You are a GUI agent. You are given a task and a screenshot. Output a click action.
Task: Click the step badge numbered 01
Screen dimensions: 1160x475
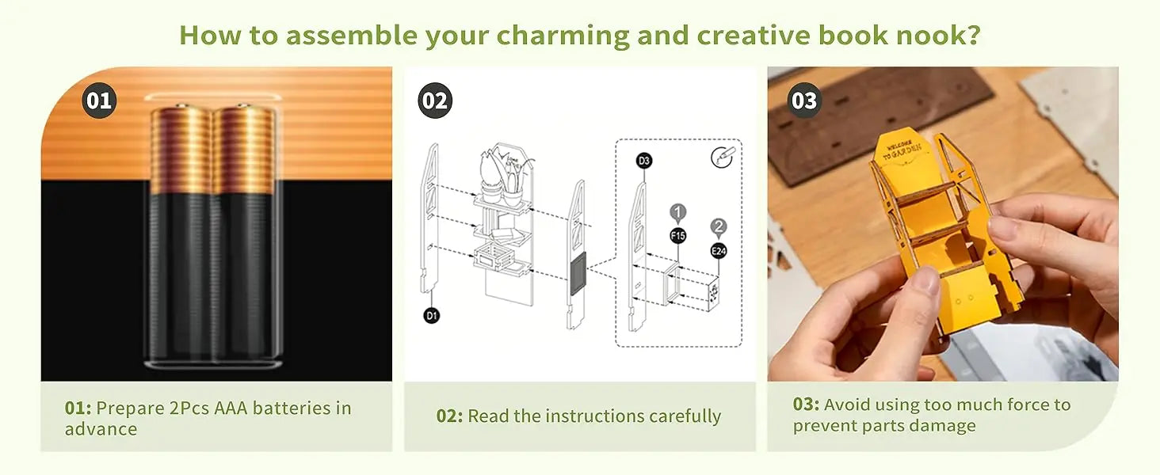coord(99,101)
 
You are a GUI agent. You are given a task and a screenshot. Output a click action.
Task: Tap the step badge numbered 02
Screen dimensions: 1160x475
coord(435,101)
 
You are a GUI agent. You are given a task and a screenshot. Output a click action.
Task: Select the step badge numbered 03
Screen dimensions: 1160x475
coord(803,101)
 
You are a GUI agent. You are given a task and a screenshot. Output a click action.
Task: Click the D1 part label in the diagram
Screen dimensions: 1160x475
coord(431,315)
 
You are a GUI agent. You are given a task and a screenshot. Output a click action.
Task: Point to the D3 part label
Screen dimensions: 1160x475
coord(643,161)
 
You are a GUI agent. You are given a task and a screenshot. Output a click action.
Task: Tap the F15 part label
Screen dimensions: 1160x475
coord(678,236)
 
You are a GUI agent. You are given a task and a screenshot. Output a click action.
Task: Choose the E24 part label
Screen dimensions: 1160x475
coord(719,251)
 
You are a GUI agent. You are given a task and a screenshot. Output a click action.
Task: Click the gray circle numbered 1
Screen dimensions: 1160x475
coord(678,211)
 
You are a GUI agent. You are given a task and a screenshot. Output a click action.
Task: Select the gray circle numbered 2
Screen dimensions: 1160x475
coord(719,226)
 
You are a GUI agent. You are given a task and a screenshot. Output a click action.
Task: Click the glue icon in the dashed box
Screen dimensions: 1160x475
coord(722,158)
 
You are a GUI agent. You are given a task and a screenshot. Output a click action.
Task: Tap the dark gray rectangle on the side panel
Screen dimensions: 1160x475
coord(578,274)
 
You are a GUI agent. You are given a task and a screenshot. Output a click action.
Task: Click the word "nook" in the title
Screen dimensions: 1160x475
coord(929,35)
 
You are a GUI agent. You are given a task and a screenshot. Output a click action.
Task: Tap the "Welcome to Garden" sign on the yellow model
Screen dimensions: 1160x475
coord(903,147)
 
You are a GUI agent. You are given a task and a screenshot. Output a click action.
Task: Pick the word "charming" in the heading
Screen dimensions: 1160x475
coord(563,35)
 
